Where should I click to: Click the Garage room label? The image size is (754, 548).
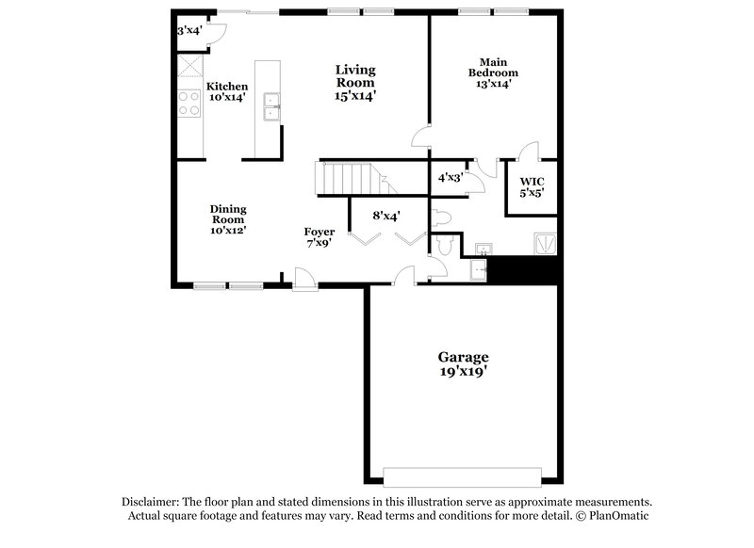pyautogui.click(x=463, y=364)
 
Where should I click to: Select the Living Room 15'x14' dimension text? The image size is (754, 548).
pyautogui.click(x=356, y=95)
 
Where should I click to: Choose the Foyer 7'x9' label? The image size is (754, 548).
pyautogui.click(x=319, y=237)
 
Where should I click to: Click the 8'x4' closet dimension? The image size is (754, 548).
pyautogui.click(x=386, y=216)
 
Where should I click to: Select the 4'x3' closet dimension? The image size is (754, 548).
pyautogui.click(x=450, y=176)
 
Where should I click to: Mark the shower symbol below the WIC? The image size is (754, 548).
pyautogui.click(x=545, y=244)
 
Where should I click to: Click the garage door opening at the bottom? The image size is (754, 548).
pyautogui.click(x=463, y=474)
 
